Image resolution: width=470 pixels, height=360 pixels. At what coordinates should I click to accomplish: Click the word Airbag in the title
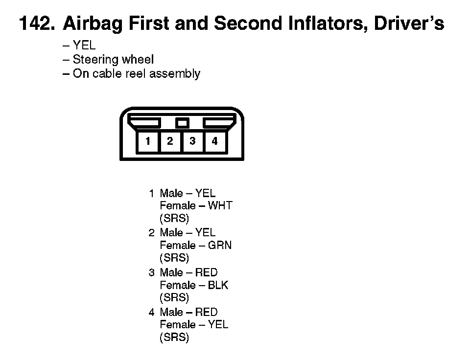point(93,24)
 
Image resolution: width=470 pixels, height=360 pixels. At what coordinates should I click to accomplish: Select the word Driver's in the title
point(409,23)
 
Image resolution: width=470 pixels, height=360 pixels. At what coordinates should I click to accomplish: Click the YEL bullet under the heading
point(84,45)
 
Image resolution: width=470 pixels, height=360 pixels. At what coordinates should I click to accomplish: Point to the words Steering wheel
point(113,59)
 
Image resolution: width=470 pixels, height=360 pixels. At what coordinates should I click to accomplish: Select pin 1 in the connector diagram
point(147,141)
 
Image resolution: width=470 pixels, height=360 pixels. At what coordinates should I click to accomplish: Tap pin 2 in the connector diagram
point(170,141)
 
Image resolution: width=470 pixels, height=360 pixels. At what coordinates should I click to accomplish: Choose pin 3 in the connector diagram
point(192,141)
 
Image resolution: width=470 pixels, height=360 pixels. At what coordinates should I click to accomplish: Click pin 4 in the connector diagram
point(214,141)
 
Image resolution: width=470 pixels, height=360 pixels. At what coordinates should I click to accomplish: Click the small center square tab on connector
point(182,123)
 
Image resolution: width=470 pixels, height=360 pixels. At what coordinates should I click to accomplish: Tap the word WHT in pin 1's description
point(220,206)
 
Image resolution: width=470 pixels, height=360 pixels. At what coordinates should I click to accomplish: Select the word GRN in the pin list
point(220,245)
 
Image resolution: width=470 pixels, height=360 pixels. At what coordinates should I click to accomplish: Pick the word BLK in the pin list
point(218,285)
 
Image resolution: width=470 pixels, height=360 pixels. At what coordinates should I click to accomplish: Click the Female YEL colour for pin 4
point(218,324)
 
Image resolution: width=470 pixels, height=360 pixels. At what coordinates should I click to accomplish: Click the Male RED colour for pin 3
point(206,272)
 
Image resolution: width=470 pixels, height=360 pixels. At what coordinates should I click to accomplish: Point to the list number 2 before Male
point(151,233)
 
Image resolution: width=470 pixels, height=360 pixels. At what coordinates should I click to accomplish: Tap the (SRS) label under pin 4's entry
point(174,337)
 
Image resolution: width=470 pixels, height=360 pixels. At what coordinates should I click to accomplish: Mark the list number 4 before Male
point(151,313)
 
